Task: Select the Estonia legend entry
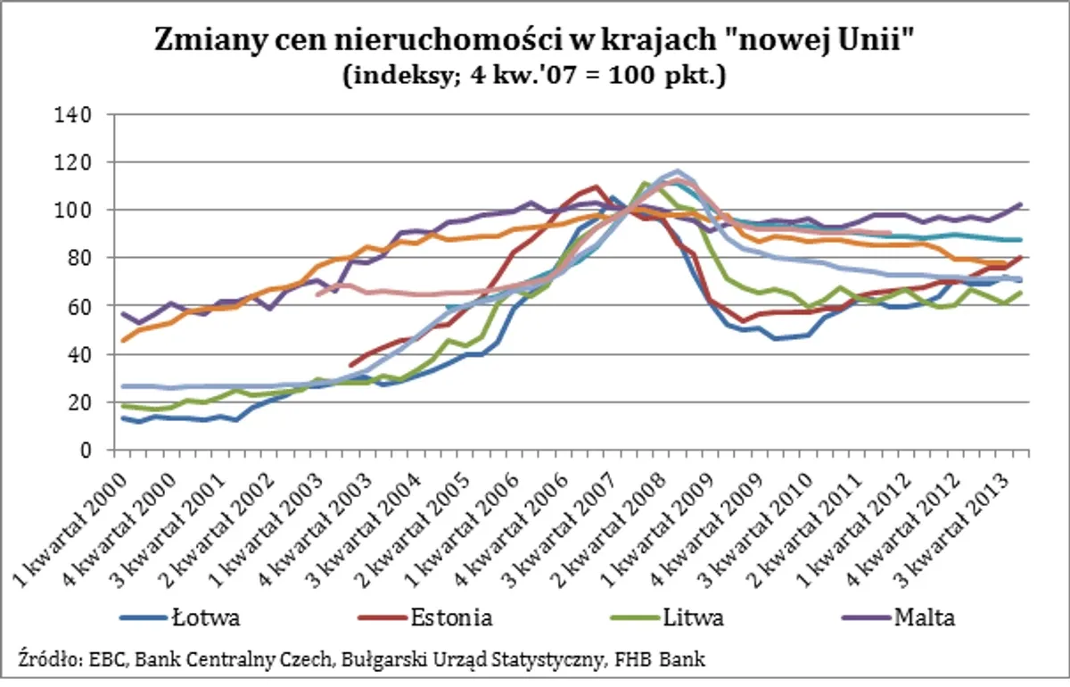tap(450, 617)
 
